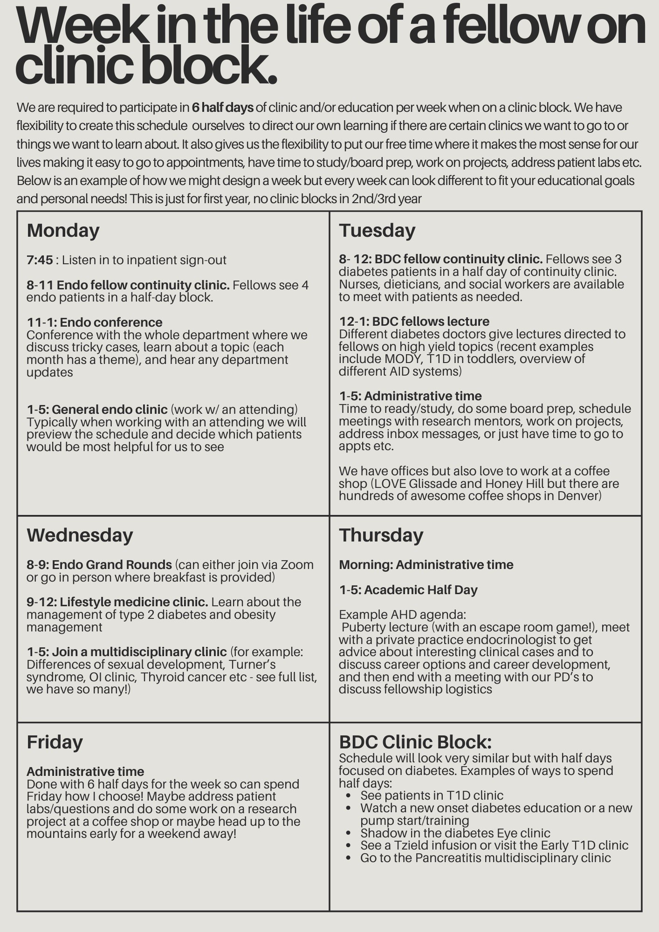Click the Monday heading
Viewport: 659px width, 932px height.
pos(63,231)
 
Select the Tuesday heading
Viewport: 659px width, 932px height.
pos(377,231)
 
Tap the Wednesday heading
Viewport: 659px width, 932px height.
pos(80,535)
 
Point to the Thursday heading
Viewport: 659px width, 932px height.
pos(381,535)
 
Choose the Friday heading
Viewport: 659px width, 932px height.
pos(55,742)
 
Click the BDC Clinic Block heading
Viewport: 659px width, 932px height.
pos(415,742)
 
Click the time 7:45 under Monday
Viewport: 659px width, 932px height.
pos(40,260)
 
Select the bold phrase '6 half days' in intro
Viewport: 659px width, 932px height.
pos(222,108)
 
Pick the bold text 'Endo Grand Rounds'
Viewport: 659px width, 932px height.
pos(111,565)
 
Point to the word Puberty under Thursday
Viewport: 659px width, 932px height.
pos(365,627)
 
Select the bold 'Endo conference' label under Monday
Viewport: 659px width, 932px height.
pos(111,322)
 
